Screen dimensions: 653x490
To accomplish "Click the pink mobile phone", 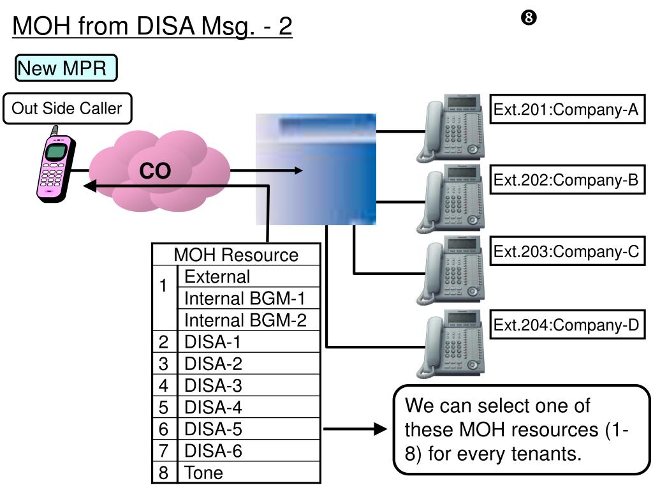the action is (56, 165).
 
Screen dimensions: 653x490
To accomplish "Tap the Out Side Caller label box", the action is (67, 108).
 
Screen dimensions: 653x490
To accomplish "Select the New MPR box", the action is (66, 68).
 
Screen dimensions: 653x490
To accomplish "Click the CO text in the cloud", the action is (155, 171).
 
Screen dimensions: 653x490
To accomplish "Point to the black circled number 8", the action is (529, 17).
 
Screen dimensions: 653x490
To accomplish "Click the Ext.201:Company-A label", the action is (567, 109).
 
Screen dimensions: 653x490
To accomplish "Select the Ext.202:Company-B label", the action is (567, 179).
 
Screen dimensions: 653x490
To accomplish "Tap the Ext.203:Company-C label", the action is (567, 251).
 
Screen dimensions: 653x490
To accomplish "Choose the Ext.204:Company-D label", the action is (567, 325).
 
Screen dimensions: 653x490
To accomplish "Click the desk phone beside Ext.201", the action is (451, 128).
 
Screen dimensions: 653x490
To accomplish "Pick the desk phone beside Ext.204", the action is (451, 344).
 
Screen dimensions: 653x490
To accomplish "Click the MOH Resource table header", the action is (236, 255).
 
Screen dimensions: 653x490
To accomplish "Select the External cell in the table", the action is (249, 276).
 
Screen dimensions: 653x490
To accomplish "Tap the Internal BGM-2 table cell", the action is (249, 320).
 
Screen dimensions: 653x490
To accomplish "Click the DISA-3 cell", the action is (249, 385).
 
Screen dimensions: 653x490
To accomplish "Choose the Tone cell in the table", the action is (249, 473).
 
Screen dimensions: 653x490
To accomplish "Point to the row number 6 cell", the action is (164, 429).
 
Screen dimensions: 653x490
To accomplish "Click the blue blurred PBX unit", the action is (316, 169).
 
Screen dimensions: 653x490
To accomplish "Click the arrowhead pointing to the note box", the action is (381, 429).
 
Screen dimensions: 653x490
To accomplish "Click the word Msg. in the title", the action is (228, 26).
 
